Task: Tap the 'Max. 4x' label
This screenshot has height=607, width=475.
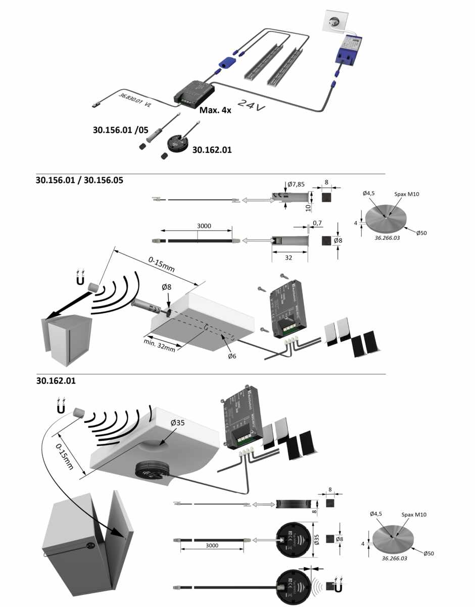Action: pos(215,110)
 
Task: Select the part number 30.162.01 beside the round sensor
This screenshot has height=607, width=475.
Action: pos(213,149)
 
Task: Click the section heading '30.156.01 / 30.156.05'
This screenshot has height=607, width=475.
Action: pos(80,180)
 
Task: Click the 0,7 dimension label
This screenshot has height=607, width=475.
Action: pos(317,222)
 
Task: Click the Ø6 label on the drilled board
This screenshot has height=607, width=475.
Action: pos(232,357)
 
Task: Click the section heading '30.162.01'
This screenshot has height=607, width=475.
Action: pos(56,380)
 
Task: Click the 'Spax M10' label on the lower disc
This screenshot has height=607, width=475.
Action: pos(414,514)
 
